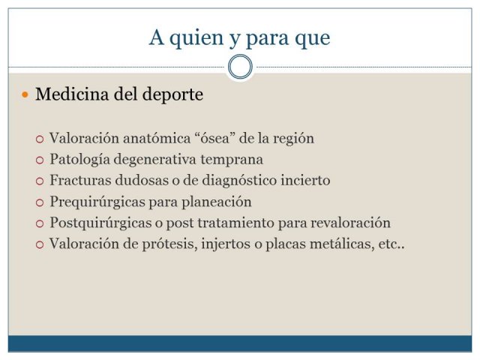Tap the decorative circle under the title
pyautogui.click(x=240, y=55)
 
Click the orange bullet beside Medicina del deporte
pyautogui.click(x=25, y=94)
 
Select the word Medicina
pyautogui.click(x=72, y=94)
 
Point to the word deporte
pyautogui.click(x=172, y=95)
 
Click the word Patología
pyautogui.click(x=79, y=160)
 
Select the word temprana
pyautogui.click(x=232, y=160)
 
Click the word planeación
pyautogui.click(x=217, y=202)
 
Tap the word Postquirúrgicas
pyautogui.click(x=100, y=223)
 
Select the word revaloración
pyautogui.click(x=350, y=223)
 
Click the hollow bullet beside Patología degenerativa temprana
pyautogui.click(x=40, y=160)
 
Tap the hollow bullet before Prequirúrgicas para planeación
pyautogui.click(x=40, y=202)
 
